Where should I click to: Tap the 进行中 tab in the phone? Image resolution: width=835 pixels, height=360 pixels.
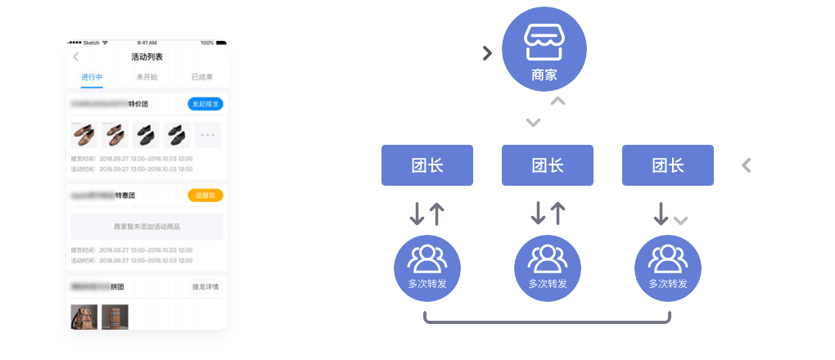point(92,77)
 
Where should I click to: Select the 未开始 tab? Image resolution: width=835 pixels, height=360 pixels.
point(147,77)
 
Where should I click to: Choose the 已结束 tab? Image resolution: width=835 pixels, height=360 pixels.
point(201,77)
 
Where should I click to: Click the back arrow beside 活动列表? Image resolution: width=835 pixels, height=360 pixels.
point(76,56)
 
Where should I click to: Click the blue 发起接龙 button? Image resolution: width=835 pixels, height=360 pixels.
point(205,104)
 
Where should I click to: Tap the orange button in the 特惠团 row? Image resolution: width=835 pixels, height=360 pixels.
point(205,196)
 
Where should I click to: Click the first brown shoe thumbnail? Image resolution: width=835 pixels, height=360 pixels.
point(84,134)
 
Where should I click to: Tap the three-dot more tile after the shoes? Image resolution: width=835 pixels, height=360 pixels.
point(207,134)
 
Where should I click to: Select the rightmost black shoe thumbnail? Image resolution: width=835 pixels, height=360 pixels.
point(176,134)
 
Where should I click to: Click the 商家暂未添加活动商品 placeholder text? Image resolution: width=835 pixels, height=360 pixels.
point(147,227)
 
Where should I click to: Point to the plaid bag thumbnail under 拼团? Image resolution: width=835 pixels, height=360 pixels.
point(115,316)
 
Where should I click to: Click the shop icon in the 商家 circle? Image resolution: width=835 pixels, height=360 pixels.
point(544,42)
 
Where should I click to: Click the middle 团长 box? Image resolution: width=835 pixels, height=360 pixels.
point(547,165)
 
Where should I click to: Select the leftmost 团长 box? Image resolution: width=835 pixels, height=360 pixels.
point(427,165)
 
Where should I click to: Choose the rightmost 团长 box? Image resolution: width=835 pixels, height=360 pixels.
point(667,165)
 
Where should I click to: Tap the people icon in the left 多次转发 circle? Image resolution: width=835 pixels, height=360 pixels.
point(427,258)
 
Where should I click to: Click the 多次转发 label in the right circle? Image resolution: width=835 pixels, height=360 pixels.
point(667,284)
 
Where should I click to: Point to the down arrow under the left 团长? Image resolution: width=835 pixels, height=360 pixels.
point(417,212)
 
